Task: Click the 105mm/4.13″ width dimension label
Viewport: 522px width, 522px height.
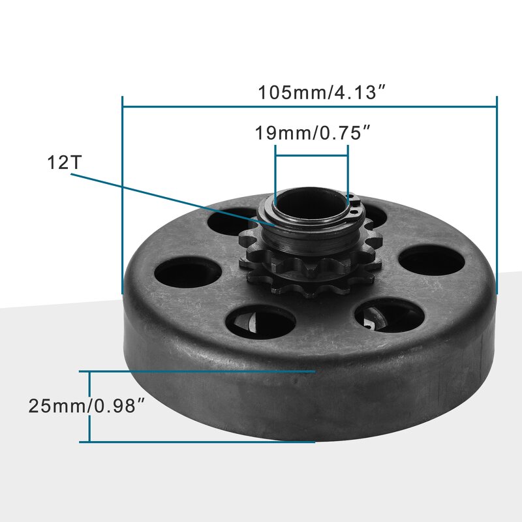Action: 318,92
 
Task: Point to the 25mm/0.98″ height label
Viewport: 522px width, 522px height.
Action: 85,406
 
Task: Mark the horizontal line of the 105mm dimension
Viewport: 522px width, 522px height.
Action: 196,106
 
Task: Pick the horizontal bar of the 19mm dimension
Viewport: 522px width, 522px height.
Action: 311,155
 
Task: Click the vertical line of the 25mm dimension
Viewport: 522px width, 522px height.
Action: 89,407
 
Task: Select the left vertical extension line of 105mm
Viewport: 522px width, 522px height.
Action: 123,196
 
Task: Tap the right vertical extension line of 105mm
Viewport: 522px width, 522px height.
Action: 497,196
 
